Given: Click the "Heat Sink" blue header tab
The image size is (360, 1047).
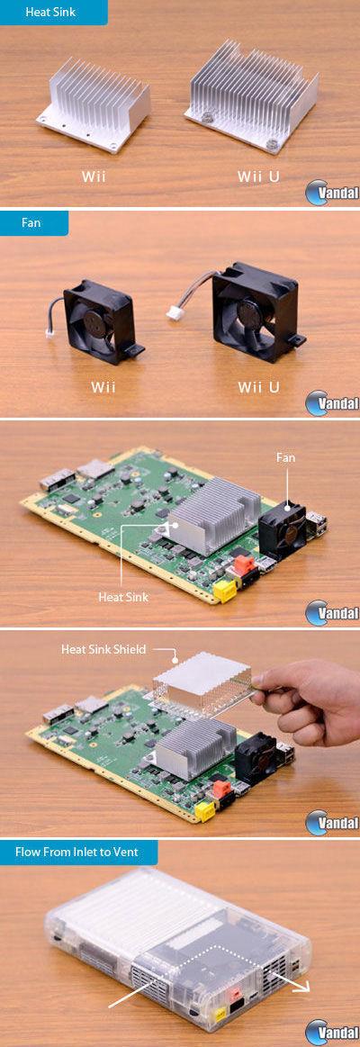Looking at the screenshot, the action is [53, 12].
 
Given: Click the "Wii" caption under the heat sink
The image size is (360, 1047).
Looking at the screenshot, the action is [94, 177].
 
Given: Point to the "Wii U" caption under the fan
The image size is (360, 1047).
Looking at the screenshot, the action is [258, 386].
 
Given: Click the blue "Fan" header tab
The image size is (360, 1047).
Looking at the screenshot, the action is [33, 222].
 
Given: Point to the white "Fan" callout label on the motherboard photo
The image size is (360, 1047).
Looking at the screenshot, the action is [285, 458].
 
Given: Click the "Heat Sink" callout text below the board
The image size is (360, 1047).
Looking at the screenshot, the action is [123, 597].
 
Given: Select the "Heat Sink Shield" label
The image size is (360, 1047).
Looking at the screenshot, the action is [103, 648].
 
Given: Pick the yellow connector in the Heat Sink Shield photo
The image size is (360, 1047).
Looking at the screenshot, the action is [204, 810].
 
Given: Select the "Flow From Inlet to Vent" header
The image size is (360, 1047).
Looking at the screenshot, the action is [79, 852].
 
